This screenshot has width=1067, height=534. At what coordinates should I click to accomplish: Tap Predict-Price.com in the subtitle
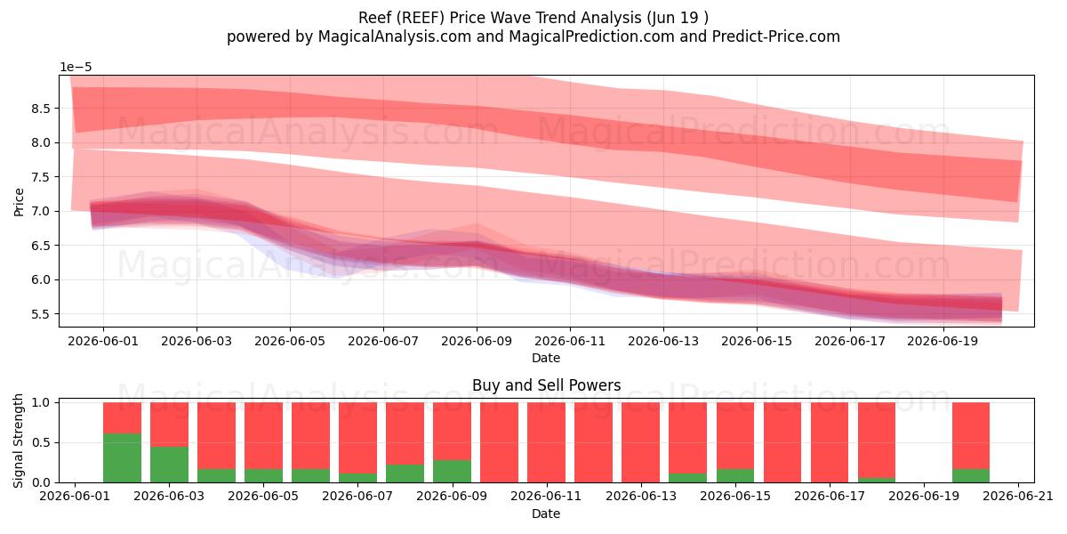click(776, 36)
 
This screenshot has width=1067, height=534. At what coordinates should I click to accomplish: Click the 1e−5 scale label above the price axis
click(76, 68)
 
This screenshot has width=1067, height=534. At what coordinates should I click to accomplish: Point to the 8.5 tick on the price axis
click(40, 109)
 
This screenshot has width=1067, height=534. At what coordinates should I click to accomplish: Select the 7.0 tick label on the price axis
click(40, 211)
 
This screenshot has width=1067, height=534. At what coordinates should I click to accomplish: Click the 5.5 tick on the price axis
click(40, 314)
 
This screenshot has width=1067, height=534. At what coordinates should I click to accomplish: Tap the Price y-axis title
click(19, 202)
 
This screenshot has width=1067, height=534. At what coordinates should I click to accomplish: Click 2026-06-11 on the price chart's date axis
click(570, 342)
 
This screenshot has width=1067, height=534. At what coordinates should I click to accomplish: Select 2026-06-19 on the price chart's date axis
click(943, 342)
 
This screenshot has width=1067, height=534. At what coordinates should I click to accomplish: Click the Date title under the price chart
click(546, 358)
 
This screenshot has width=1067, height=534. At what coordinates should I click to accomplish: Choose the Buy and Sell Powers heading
click(546, 385)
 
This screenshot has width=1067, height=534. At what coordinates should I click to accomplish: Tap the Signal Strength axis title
click(18, 441)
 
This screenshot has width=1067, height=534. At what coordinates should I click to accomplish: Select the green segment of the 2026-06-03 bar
click(169, 465)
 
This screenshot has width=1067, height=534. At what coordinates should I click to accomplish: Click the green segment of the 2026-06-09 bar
click(452, 471)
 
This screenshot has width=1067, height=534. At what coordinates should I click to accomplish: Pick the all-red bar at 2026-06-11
click(546, 442)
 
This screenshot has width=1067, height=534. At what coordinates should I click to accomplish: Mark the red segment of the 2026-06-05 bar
click(263, 436)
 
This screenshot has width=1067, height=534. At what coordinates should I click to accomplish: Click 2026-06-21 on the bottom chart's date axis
click(1018, 497)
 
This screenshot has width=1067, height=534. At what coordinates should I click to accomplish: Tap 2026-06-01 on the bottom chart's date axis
click(75, 497)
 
